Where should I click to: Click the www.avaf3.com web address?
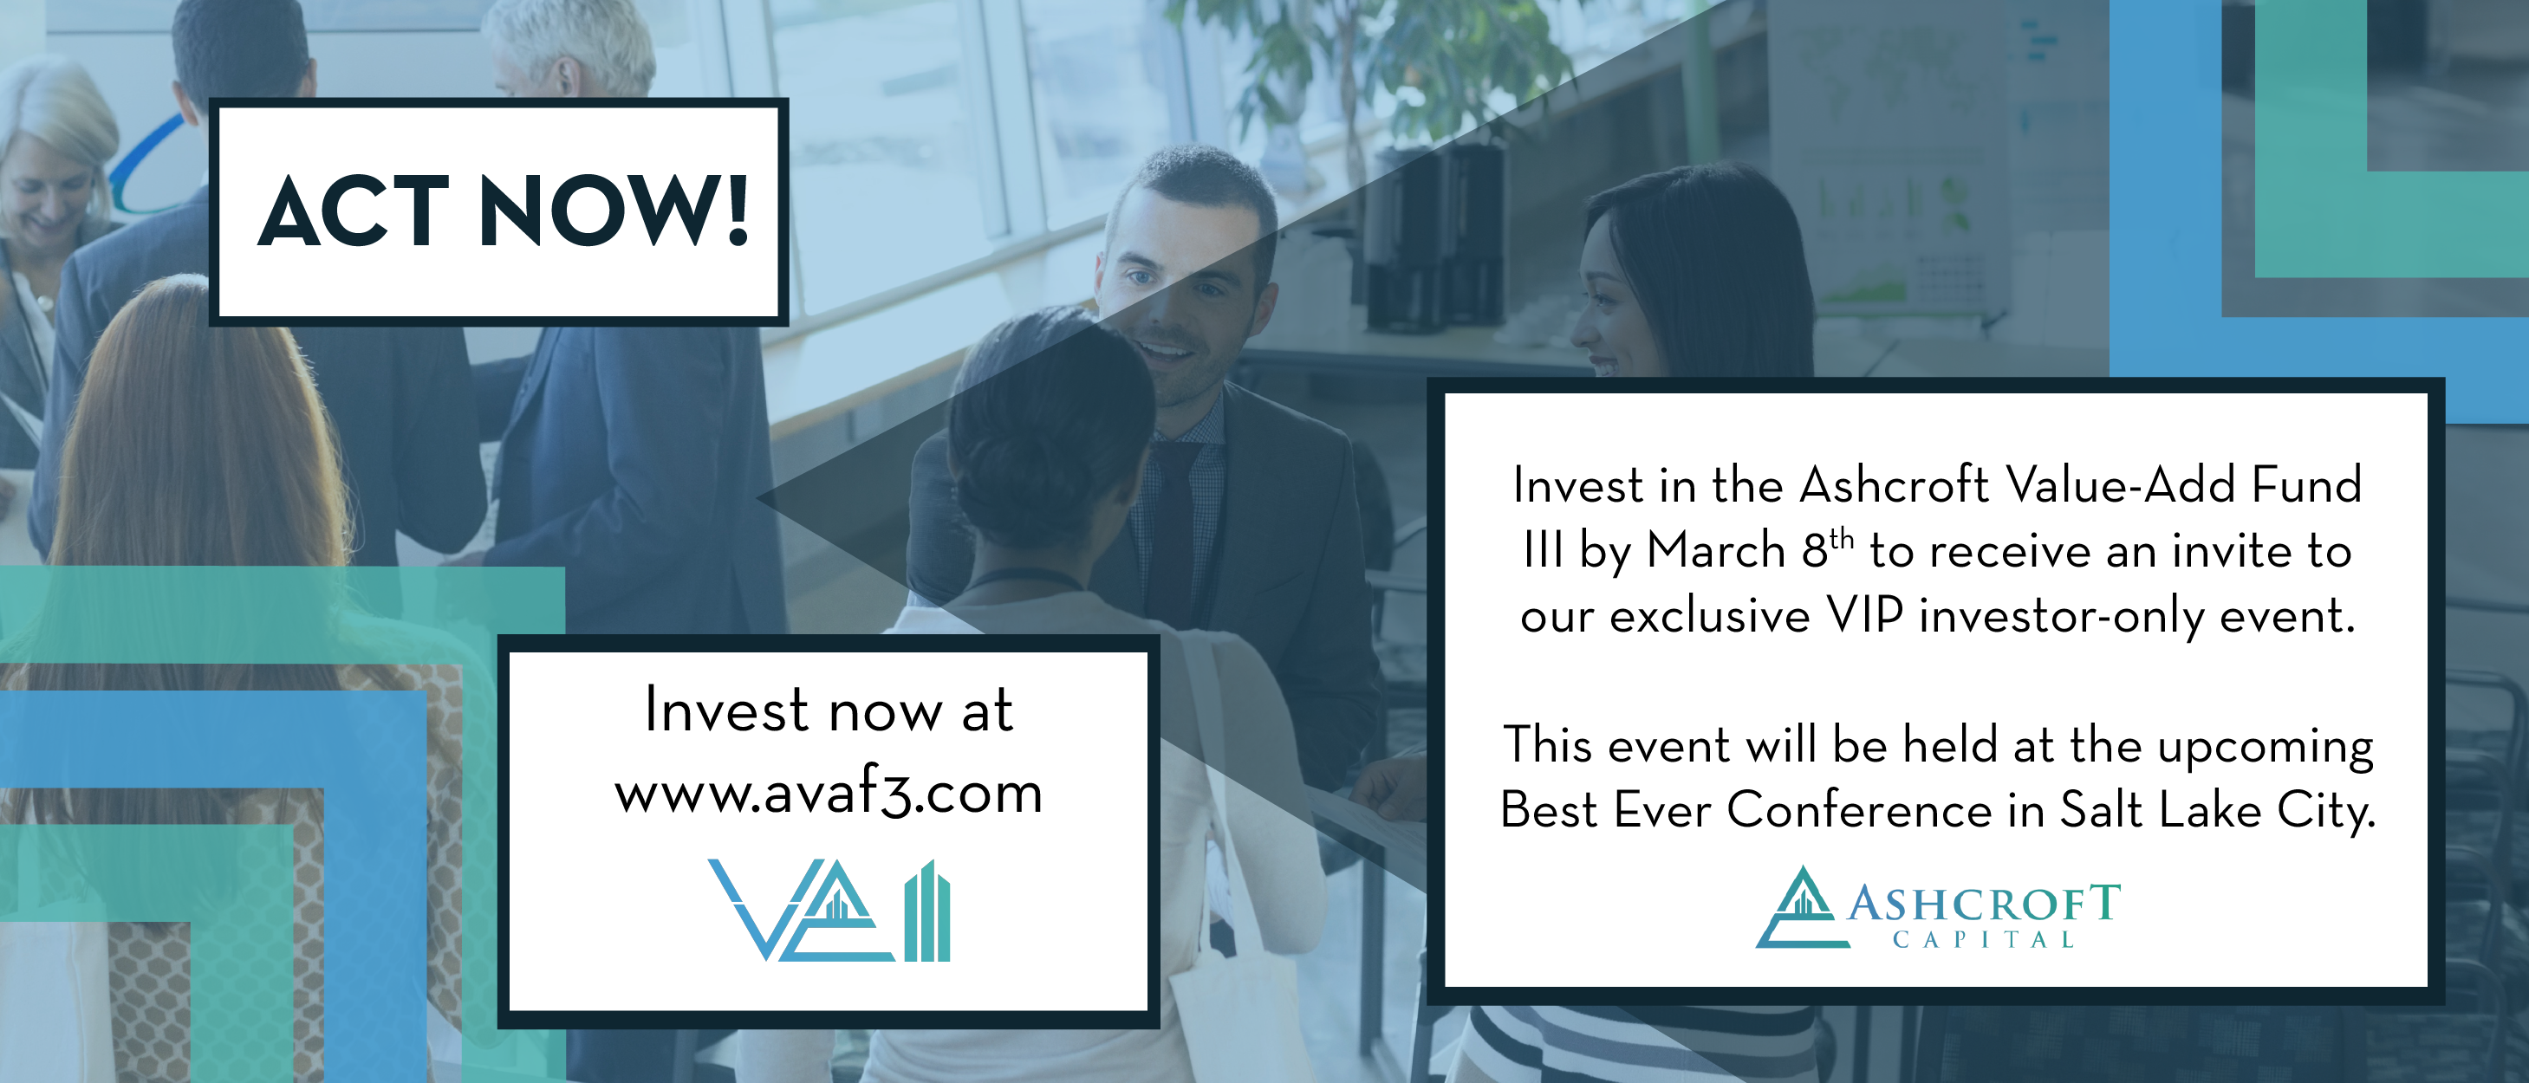pos(829,794)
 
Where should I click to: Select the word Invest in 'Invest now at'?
pos(726,710)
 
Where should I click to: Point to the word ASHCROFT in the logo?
pos(1984,904)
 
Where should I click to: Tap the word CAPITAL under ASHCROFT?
pos(1984,941)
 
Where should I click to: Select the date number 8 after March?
pos(1814,551)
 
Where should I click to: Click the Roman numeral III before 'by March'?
pos(1544,550)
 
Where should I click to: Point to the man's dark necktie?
pos(1173,530)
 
